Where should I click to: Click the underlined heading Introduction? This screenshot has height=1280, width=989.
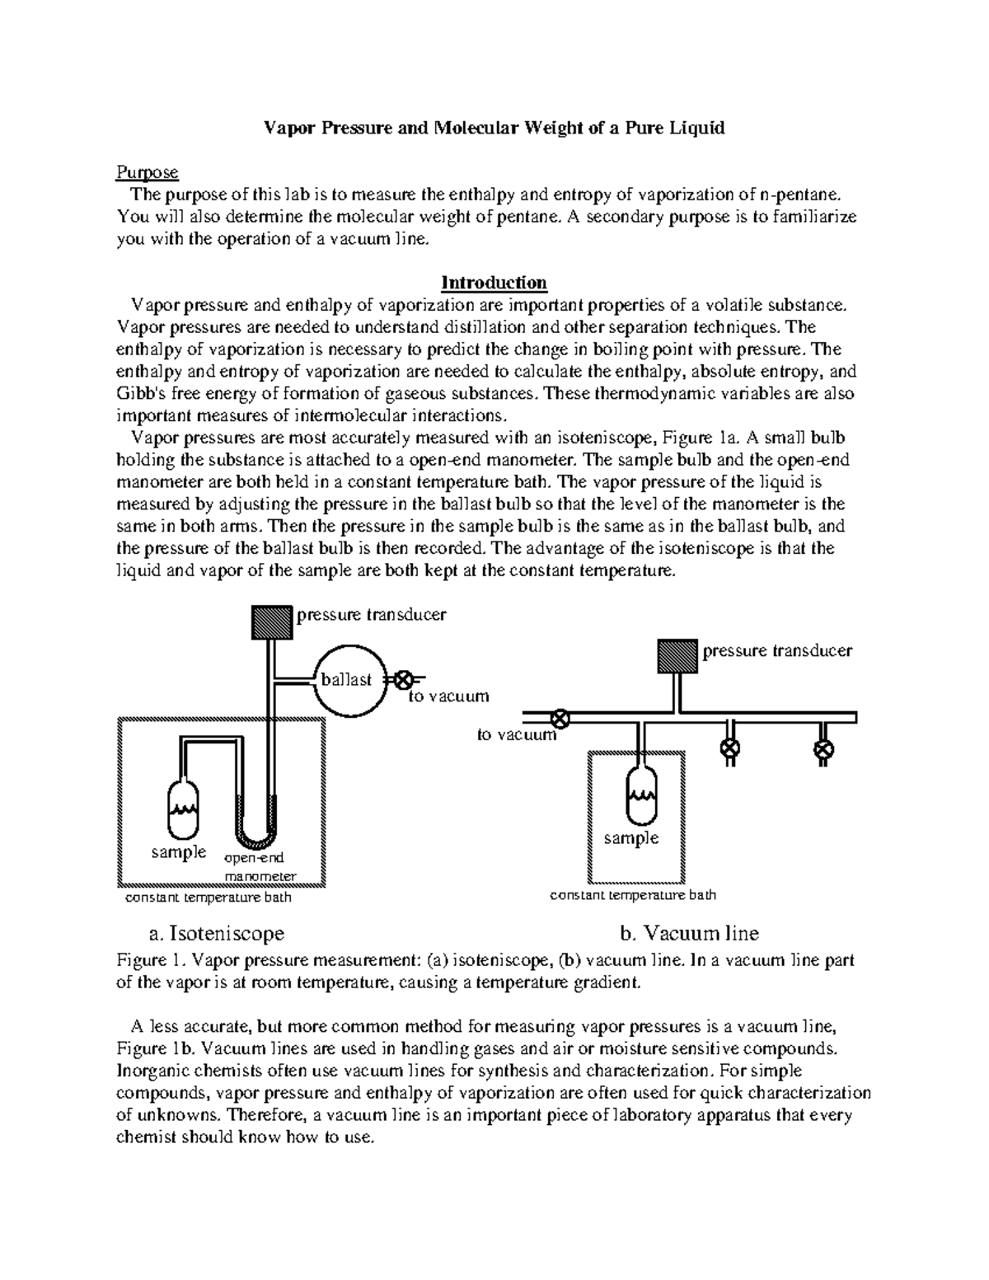point(494,283)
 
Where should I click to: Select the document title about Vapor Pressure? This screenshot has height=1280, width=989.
point(493,128)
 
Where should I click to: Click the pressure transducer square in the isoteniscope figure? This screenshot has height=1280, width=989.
point(272,621)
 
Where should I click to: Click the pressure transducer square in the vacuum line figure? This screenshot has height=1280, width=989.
point(677,657)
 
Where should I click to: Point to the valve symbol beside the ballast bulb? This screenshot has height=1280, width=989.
point(404,681)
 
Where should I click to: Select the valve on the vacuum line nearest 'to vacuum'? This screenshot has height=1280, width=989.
point(560,718)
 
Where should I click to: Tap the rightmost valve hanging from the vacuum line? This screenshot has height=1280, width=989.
point(823,749)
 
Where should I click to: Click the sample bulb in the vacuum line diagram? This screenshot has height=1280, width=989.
point(640,795)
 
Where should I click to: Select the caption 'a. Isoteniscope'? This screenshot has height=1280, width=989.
point(217,933)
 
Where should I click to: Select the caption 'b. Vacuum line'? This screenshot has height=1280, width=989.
point(689,933)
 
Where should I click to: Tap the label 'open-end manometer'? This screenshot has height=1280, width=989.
point(260,867)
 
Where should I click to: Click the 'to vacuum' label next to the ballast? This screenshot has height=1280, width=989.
point(449,696)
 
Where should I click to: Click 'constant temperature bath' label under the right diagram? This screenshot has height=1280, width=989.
point(633,894)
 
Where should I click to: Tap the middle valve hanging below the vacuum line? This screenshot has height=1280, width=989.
point(729,748)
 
